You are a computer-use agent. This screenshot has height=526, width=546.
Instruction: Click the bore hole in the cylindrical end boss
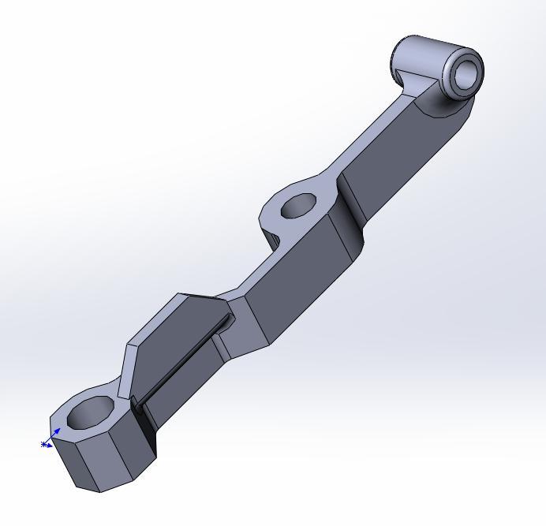coord(467,74)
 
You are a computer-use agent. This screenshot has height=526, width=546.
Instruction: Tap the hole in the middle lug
coord(298,207)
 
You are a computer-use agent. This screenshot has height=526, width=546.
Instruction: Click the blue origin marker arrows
coord(50,440)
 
